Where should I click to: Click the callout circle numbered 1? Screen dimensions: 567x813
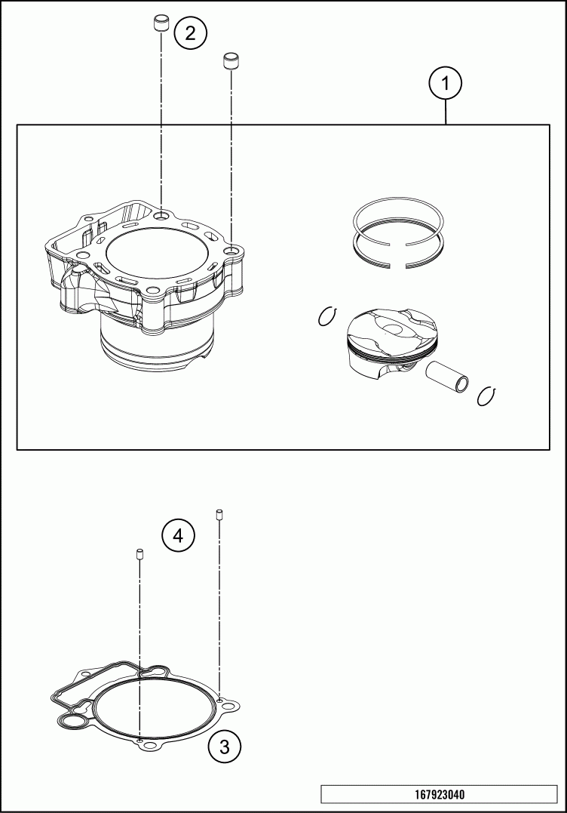[x=446, y=83]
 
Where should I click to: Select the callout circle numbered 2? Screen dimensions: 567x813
[x=191, y=34]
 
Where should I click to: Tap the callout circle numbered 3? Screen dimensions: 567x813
[x=225, y=747]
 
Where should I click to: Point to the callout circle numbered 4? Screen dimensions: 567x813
[x=178, y=535]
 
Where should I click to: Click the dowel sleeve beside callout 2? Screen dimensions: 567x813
[x=161, y=24]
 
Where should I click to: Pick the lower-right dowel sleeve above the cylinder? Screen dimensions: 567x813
[x=231, y=60]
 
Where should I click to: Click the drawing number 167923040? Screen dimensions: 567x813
[x=440, y=794]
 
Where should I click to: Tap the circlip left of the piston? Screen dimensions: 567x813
[x=328, y=316]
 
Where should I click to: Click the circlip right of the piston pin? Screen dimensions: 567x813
[x=488, y=396]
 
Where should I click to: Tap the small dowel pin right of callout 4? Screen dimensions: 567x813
[x=219, y=515]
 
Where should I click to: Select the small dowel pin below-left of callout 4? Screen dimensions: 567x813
[x=139, y=554]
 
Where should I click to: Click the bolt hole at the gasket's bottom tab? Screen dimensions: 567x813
[x=151, y=746]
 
